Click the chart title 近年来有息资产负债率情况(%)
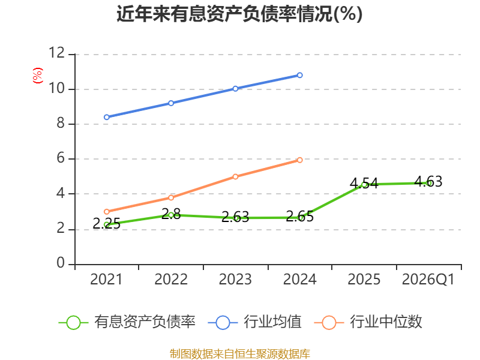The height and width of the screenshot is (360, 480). point(239,14)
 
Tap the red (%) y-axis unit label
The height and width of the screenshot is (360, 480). point(38,76)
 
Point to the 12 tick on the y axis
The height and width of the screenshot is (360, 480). point(57,53)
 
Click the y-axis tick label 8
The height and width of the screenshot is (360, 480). point(61,124)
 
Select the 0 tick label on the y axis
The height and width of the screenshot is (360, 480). point(61,263)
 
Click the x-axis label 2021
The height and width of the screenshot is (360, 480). point(106,280)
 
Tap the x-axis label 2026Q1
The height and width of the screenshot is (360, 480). point(428,280)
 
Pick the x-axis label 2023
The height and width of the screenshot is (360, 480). point(235,280)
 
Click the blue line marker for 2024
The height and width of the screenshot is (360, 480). point(299,75)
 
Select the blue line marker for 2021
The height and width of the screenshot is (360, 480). point(107,117)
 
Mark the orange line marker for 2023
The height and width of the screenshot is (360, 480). point(235,176)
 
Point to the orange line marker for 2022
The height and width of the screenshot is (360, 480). point(171,198)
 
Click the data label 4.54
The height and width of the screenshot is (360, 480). point(364,184)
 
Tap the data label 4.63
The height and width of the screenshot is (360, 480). point(428,182)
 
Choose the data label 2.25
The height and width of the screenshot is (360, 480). point(107,223)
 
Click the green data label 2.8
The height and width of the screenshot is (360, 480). point(171,214)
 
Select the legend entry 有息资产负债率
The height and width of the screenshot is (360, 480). point(127,322)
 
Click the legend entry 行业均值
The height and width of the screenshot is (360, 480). point(254,322)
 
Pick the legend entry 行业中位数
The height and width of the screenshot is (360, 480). point(368,322)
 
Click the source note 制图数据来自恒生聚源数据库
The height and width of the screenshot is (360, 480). point(240,353)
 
